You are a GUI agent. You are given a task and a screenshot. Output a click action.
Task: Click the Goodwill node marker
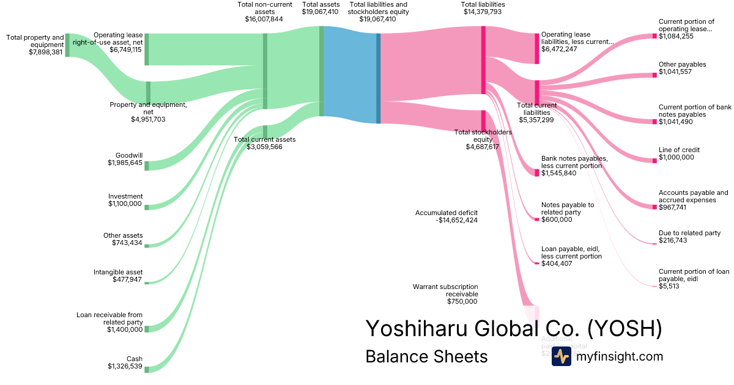[x=147, y=166]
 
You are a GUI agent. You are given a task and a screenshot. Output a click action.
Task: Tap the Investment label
[x=125, y=197]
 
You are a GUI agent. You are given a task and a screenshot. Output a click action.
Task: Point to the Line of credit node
[x=654, y=160]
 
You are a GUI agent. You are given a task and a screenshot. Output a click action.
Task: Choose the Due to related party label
[x=689, y=233]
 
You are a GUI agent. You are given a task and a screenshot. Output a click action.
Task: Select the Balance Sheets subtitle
[x=426, y=356]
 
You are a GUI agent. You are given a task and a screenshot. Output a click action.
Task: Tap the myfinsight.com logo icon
[x=561, y=356]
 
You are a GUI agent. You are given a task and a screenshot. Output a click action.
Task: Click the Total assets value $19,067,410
[x=321, y=12]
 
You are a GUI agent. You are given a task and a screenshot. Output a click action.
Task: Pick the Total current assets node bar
[x=265, y=132]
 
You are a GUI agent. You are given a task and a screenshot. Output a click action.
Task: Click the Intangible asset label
[x=118, y=272]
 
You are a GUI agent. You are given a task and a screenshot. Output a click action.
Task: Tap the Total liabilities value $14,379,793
[x=483, y=12]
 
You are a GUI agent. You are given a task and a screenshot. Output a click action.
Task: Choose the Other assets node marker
[x=147, y=246]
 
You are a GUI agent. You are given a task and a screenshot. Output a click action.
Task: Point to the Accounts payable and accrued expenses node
[x=654, y=207]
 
